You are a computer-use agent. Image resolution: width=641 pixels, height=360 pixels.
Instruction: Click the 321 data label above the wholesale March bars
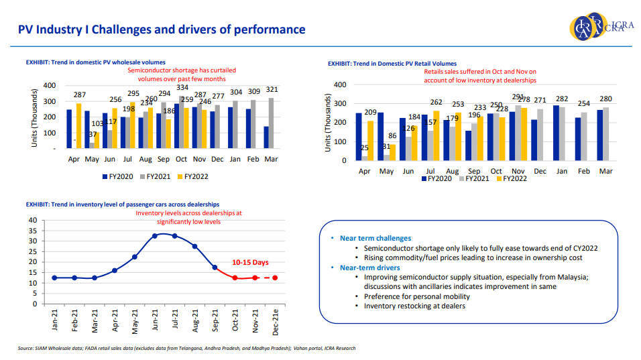[x=270, y=90]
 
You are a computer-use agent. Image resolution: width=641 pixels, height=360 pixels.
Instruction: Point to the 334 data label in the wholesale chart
[x=182, y=87]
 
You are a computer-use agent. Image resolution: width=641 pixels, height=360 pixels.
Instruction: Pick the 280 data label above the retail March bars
[x=605, y=99]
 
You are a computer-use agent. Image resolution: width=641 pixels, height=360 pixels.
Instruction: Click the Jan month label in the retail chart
[x=561, y=172]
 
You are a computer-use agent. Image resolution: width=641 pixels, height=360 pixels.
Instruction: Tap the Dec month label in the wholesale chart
[x=217, y=159]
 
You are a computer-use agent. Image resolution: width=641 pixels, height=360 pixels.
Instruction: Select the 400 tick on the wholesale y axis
[x=50, y=85]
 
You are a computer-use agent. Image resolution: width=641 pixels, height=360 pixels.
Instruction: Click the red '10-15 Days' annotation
[x=251, y=262]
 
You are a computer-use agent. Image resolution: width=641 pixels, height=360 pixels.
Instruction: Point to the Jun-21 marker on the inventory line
[x=155, y=236]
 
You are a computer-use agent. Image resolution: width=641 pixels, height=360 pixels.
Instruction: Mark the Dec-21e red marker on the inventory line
[x=275, y=278]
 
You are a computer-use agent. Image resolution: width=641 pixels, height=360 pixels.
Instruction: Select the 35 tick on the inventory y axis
[x=33, y=231]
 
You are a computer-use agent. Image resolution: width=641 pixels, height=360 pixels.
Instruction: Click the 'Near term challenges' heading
[x=375, y=238]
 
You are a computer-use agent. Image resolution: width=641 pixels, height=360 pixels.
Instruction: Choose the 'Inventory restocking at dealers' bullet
[x=414, y=306]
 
